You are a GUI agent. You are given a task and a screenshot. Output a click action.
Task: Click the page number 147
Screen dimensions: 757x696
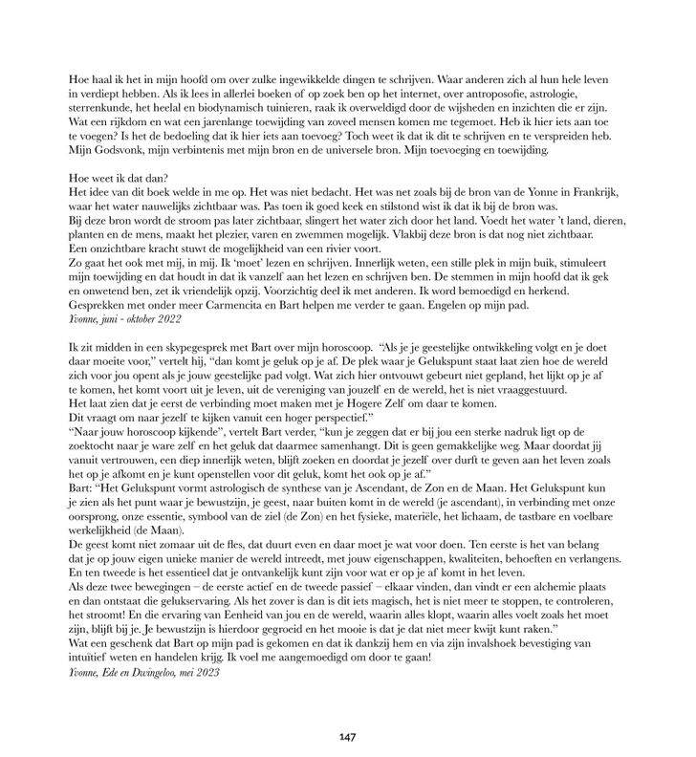[347, 737]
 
